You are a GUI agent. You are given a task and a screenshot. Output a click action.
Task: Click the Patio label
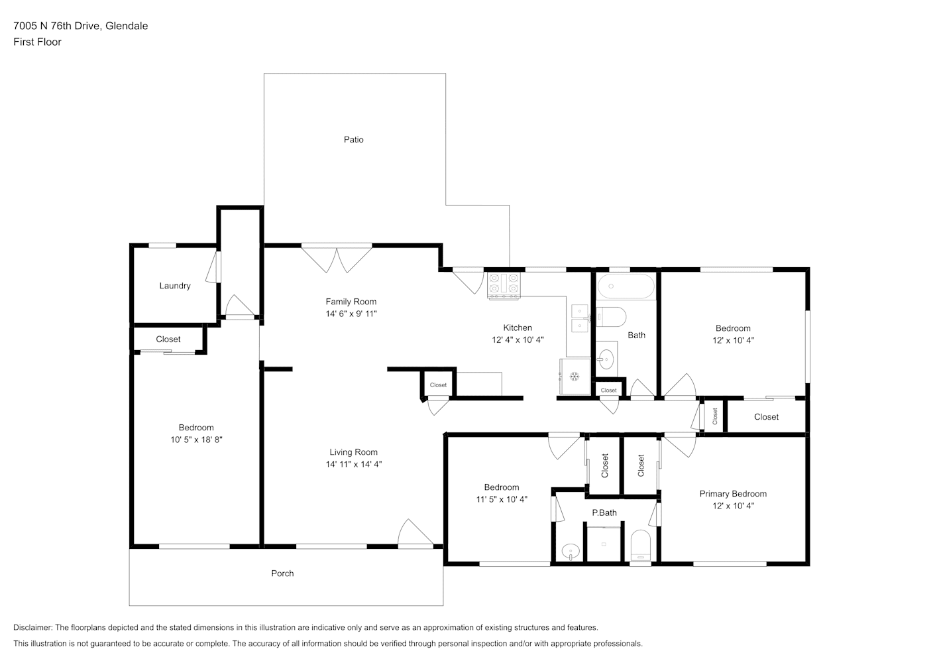point(353,139)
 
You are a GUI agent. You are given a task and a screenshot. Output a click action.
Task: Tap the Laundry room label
point(175,286)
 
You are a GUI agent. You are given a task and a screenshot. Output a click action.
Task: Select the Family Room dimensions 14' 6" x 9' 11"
point(351,314)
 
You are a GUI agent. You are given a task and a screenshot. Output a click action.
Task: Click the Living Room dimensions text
point(354,463)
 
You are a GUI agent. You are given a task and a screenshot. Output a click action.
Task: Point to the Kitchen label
point(518,328)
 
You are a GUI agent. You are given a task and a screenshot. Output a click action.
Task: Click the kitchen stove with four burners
point(504,286)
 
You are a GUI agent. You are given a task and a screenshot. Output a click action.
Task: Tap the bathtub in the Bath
point(626,286)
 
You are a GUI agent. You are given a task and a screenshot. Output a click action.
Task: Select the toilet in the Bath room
point(611,316)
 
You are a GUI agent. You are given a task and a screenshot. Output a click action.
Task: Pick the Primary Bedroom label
point(733,493)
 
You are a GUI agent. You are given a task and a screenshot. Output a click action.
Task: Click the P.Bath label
point(604,512)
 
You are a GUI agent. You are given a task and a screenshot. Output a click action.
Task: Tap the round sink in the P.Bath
point(570,551)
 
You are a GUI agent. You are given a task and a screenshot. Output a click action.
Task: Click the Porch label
point(282,573)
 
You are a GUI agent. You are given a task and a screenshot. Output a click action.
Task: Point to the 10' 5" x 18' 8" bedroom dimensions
point(196,440)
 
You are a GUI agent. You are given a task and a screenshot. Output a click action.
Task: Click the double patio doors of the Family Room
point(337,259)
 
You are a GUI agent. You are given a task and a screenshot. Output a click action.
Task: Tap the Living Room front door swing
point(415,533)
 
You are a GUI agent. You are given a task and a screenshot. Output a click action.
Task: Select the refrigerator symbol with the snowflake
point(575,377)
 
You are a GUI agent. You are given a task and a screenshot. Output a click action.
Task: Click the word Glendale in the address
point(127,26)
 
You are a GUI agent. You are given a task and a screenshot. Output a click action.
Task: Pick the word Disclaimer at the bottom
point(33,627)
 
